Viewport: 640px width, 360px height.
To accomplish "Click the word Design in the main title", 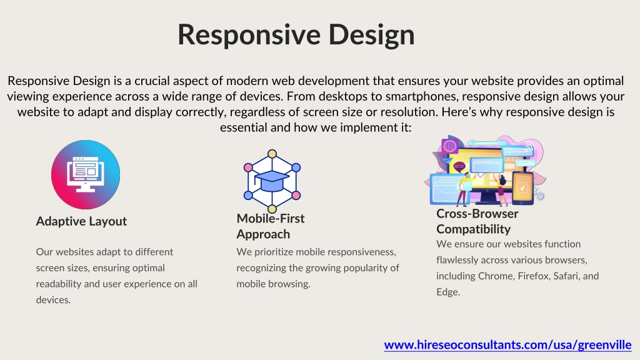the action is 371,36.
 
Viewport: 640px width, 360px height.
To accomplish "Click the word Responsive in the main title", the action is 249,36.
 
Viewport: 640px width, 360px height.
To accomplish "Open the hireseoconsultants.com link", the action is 507,345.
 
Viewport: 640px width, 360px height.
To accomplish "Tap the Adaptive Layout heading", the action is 81,221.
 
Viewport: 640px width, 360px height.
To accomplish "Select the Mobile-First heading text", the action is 270,218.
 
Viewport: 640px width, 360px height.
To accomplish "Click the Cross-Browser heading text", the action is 477,214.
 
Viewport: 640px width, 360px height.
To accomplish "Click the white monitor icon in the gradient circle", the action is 85,174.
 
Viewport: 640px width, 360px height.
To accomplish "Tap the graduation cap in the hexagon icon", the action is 271,181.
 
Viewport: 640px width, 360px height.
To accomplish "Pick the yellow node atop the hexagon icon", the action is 272,154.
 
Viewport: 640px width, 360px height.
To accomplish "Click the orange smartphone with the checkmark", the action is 522,187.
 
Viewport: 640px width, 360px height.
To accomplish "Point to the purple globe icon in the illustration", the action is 450,146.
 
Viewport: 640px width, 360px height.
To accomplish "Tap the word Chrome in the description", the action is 495,276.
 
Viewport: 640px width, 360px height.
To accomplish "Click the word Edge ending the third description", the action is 448,292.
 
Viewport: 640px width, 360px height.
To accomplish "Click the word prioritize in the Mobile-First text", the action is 274,252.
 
